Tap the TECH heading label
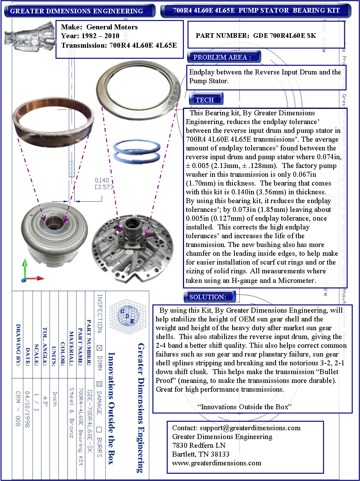[205, 100]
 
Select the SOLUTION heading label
[208, 297]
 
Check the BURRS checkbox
[99, 430]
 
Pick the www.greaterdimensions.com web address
[216, 463]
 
